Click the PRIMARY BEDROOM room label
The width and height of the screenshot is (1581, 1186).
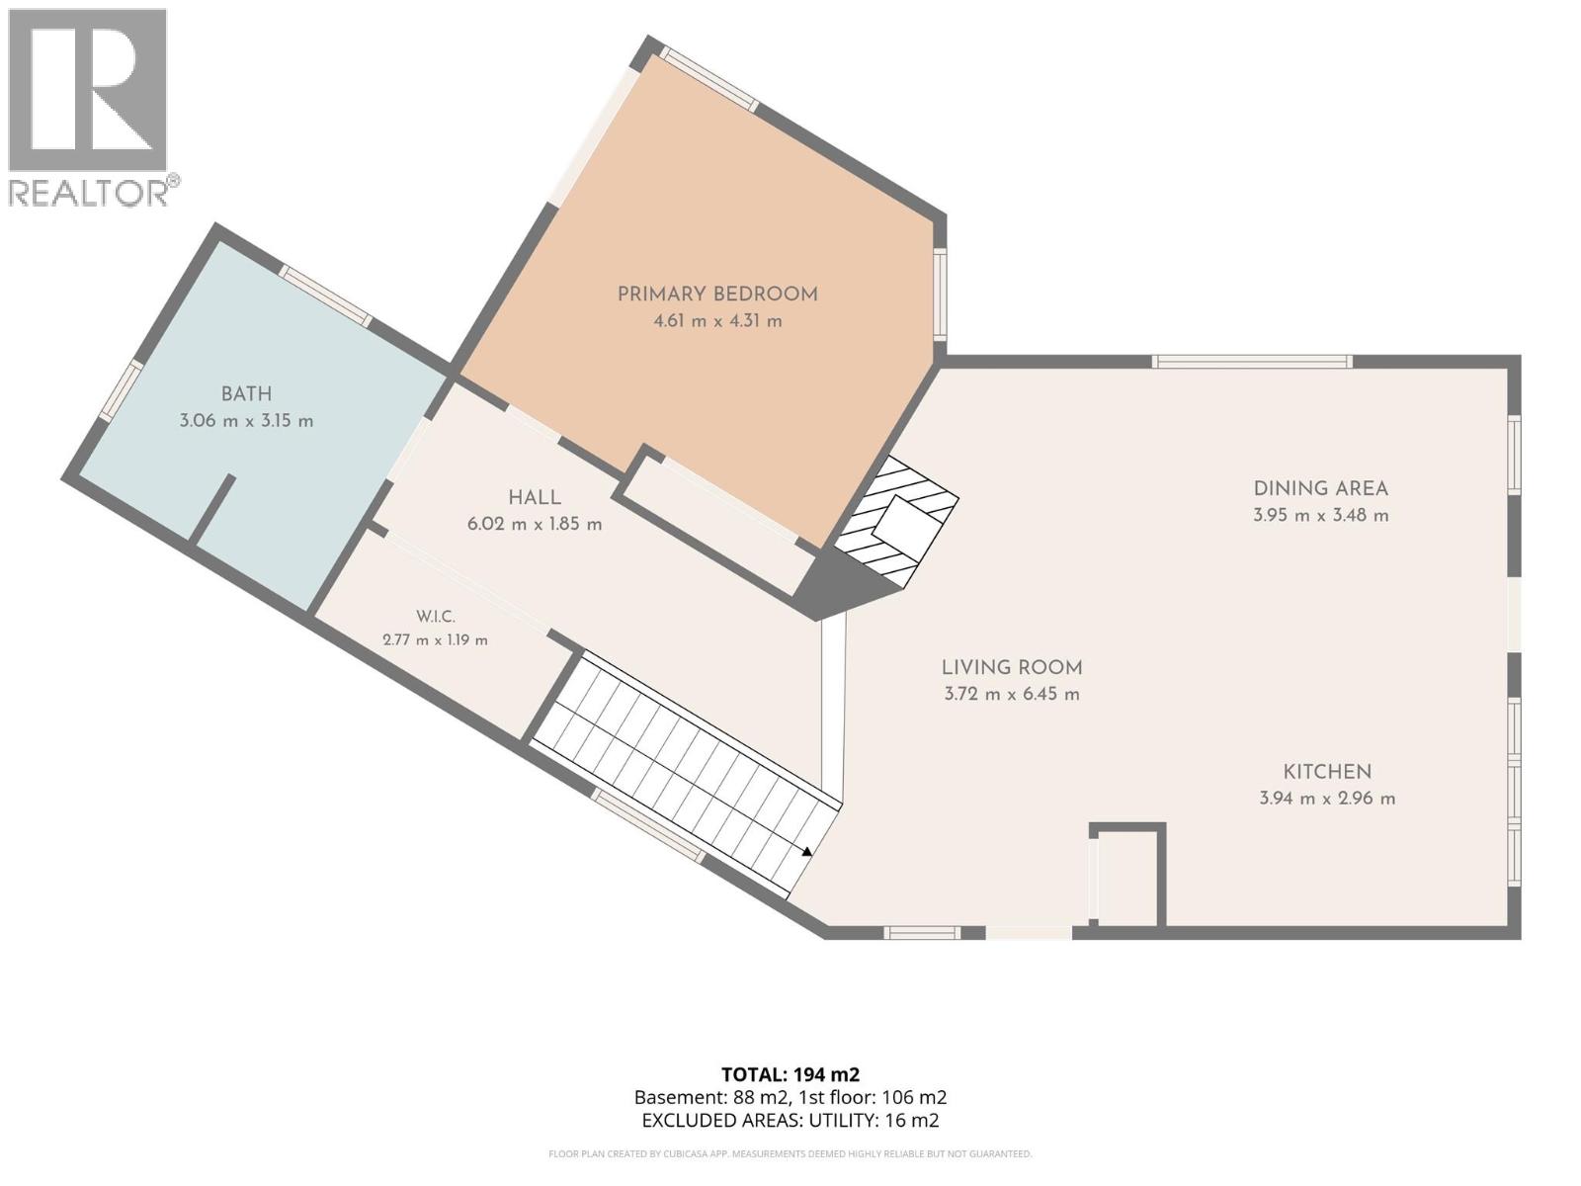tap(717, 294)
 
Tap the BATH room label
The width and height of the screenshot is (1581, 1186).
tap(246, 394)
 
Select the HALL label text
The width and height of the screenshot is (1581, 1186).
tap(535, 497)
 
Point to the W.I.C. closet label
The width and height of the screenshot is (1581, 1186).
tap(436, 617)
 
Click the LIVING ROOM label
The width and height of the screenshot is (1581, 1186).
tap(1012, 667)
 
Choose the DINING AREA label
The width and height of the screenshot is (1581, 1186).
tap(1321, 488)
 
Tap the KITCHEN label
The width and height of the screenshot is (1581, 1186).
tap(1327, 771)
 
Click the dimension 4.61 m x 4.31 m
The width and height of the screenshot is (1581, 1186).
tap(717, 321)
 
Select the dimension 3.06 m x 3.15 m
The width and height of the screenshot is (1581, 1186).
tap(246, 421)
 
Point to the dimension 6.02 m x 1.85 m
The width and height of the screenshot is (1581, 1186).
tap(535, 524)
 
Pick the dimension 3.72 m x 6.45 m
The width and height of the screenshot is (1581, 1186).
tap(1012, 694)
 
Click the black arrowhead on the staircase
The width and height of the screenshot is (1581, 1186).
tap(807, 851)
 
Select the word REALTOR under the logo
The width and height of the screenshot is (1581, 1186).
tap(89, 193)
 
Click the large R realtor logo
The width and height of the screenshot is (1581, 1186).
tap(87, 89)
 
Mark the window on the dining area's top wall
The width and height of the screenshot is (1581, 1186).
tap(1252, 362)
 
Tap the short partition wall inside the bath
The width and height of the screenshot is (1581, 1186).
tap(211, 508)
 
